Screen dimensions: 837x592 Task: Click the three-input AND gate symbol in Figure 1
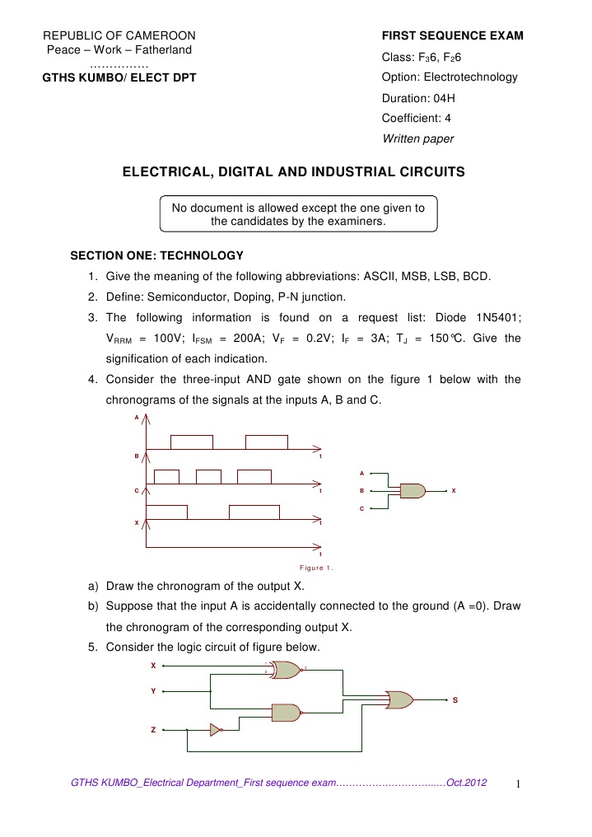coord(412,490)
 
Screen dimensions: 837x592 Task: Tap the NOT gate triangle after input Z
coord(215,729)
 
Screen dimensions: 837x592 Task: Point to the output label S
coord(455,701)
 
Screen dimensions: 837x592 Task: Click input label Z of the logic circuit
coord(153,730)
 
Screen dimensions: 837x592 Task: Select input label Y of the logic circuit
coord(153,690)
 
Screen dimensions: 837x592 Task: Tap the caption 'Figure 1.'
coord(316,568)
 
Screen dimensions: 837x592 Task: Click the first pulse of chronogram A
coord(191,442)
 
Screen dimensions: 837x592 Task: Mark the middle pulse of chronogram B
coord(208,476)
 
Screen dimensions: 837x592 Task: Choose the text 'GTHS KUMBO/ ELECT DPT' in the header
coord(119,77)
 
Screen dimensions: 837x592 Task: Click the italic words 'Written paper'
coord(418,138)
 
